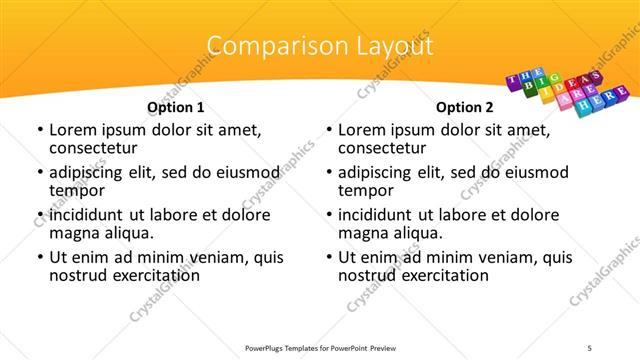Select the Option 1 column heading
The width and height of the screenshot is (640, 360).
pos(176,107)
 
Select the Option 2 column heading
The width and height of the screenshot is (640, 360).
pos(465,107)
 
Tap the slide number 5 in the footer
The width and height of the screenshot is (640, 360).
pos(590,346)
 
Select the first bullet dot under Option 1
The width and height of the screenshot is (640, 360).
pos(39,130)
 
